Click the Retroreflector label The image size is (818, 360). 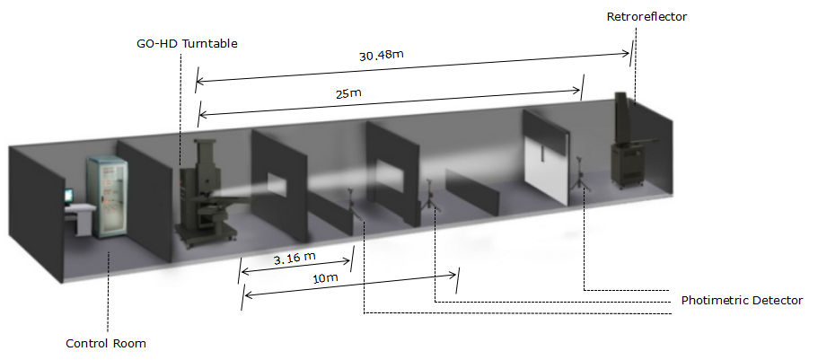[646, 17]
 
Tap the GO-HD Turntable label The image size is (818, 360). [187, 44]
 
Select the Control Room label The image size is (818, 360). [106, 344]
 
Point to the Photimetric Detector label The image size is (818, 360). [742, 301]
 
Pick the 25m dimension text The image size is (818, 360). [349, 94]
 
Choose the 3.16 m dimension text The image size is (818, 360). [295, 259]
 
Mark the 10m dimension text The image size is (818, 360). [325, 278]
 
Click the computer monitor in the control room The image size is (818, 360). [68, 197]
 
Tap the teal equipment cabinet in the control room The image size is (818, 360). [108, 197]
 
